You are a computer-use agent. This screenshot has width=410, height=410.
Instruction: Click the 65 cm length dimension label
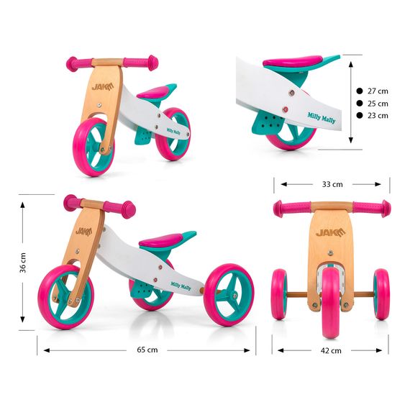point(147,350)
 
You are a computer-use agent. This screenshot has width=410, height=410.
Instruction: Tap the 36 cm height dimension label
point(23,263)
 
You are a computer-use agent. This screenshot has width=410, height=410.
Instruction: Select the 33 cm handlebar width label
point(332,184)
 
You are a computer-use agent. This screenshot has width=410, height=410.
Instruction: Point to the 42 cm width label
point(331,350)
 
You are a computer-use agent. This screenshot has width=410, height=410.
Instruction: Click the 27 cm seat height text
point(378,91)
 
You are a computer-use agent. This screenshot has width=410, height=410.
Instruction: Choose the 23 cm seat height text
point(378,116)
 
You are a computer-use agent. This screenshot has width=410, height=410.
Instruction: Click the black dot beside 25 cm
point(360,104)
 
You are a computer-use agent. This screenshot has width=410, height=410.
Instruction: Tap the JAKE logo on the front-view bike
point(330,232)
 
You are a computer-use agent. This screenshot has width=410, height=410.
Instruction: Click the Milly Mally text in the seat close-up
point(322,118)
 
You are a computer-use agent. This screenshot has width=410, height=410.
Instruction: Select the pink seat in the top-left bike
point(153,92)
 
